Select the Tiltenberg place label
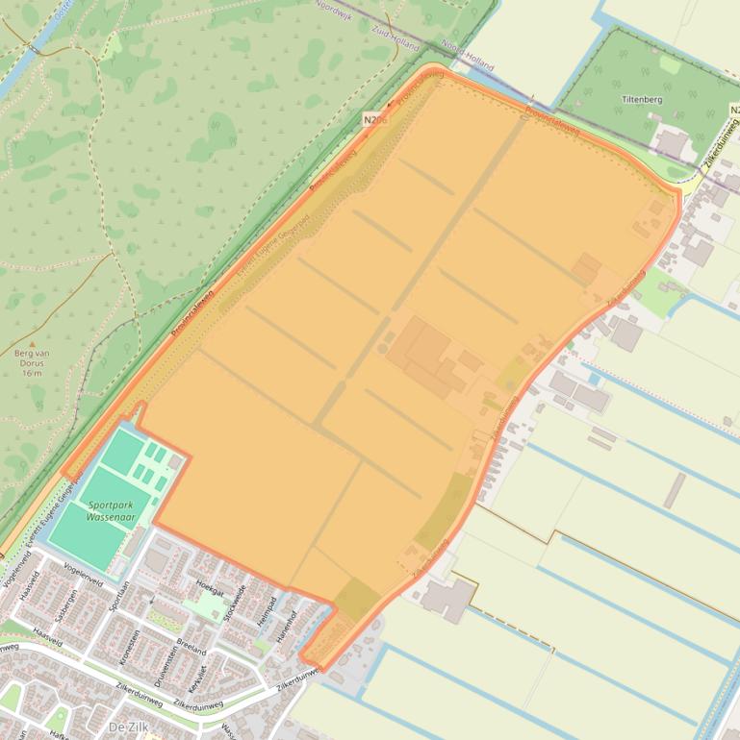coord(643,98)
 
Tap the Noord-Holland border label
coord(468,60)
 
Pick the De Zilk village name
coord(131,726)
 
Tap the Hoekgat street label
coord(209,587)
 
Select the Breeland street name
coord(192,645)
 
